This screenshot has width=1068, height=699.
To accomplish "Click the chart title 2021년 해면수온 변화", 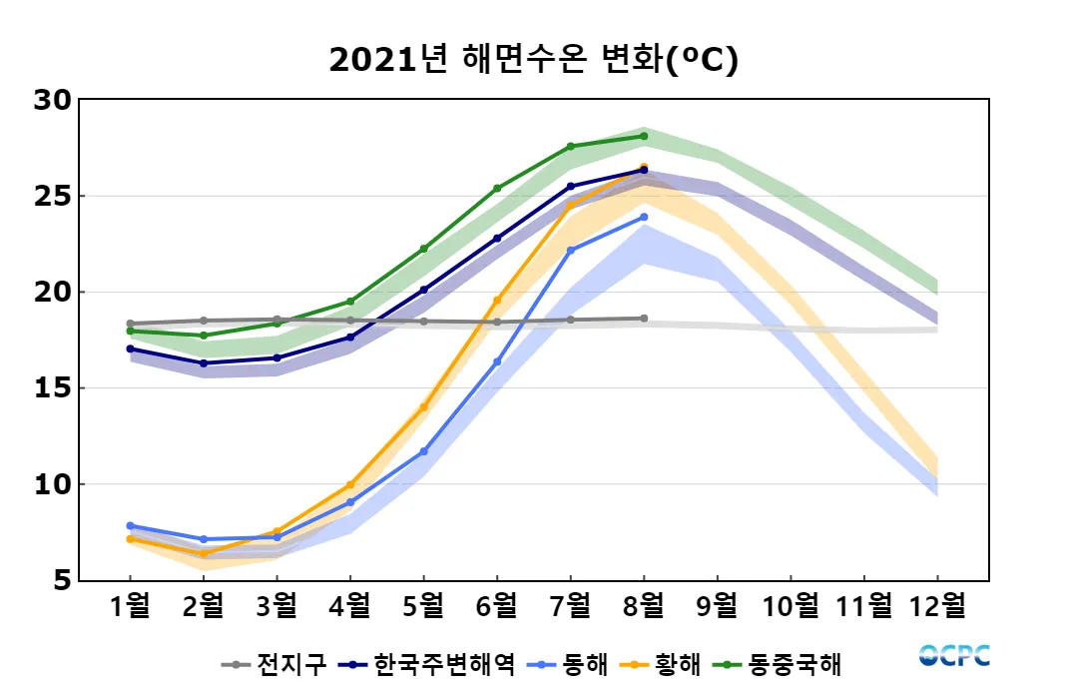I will point(533,61).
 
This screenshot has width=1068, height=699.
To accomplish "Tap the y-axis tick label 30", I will point(52,100).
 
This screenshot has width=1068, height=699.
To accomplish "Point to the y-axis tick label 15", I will point(52,388).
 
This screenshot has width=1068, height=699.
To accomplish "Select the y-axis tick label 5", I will point(61,580).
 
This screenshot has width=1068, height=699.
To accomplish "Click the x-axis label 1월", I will point(130,606).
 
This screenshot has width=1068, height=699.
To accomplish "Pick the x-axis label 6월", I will point(497,606).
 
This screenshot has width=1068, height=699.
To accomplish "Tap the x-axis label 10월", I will point(791,606).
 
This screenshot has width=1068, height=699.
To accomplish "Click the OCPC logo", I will point(954,656).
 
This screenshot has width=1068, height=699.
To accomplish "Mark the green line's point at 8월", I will point(644,136).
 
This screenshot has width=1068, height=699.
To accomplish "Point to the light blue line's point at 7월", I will point(570,251).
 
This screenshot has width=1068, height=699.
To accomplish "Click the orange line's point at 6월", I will point(497,300).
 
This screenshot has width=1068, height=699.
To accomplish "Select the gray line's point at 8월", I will point(644,319).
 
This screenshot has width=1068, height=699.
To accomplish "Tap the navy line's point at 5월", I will point(423,290).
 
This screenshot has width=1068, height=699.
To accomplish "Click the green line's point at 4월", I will point(350,302).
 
